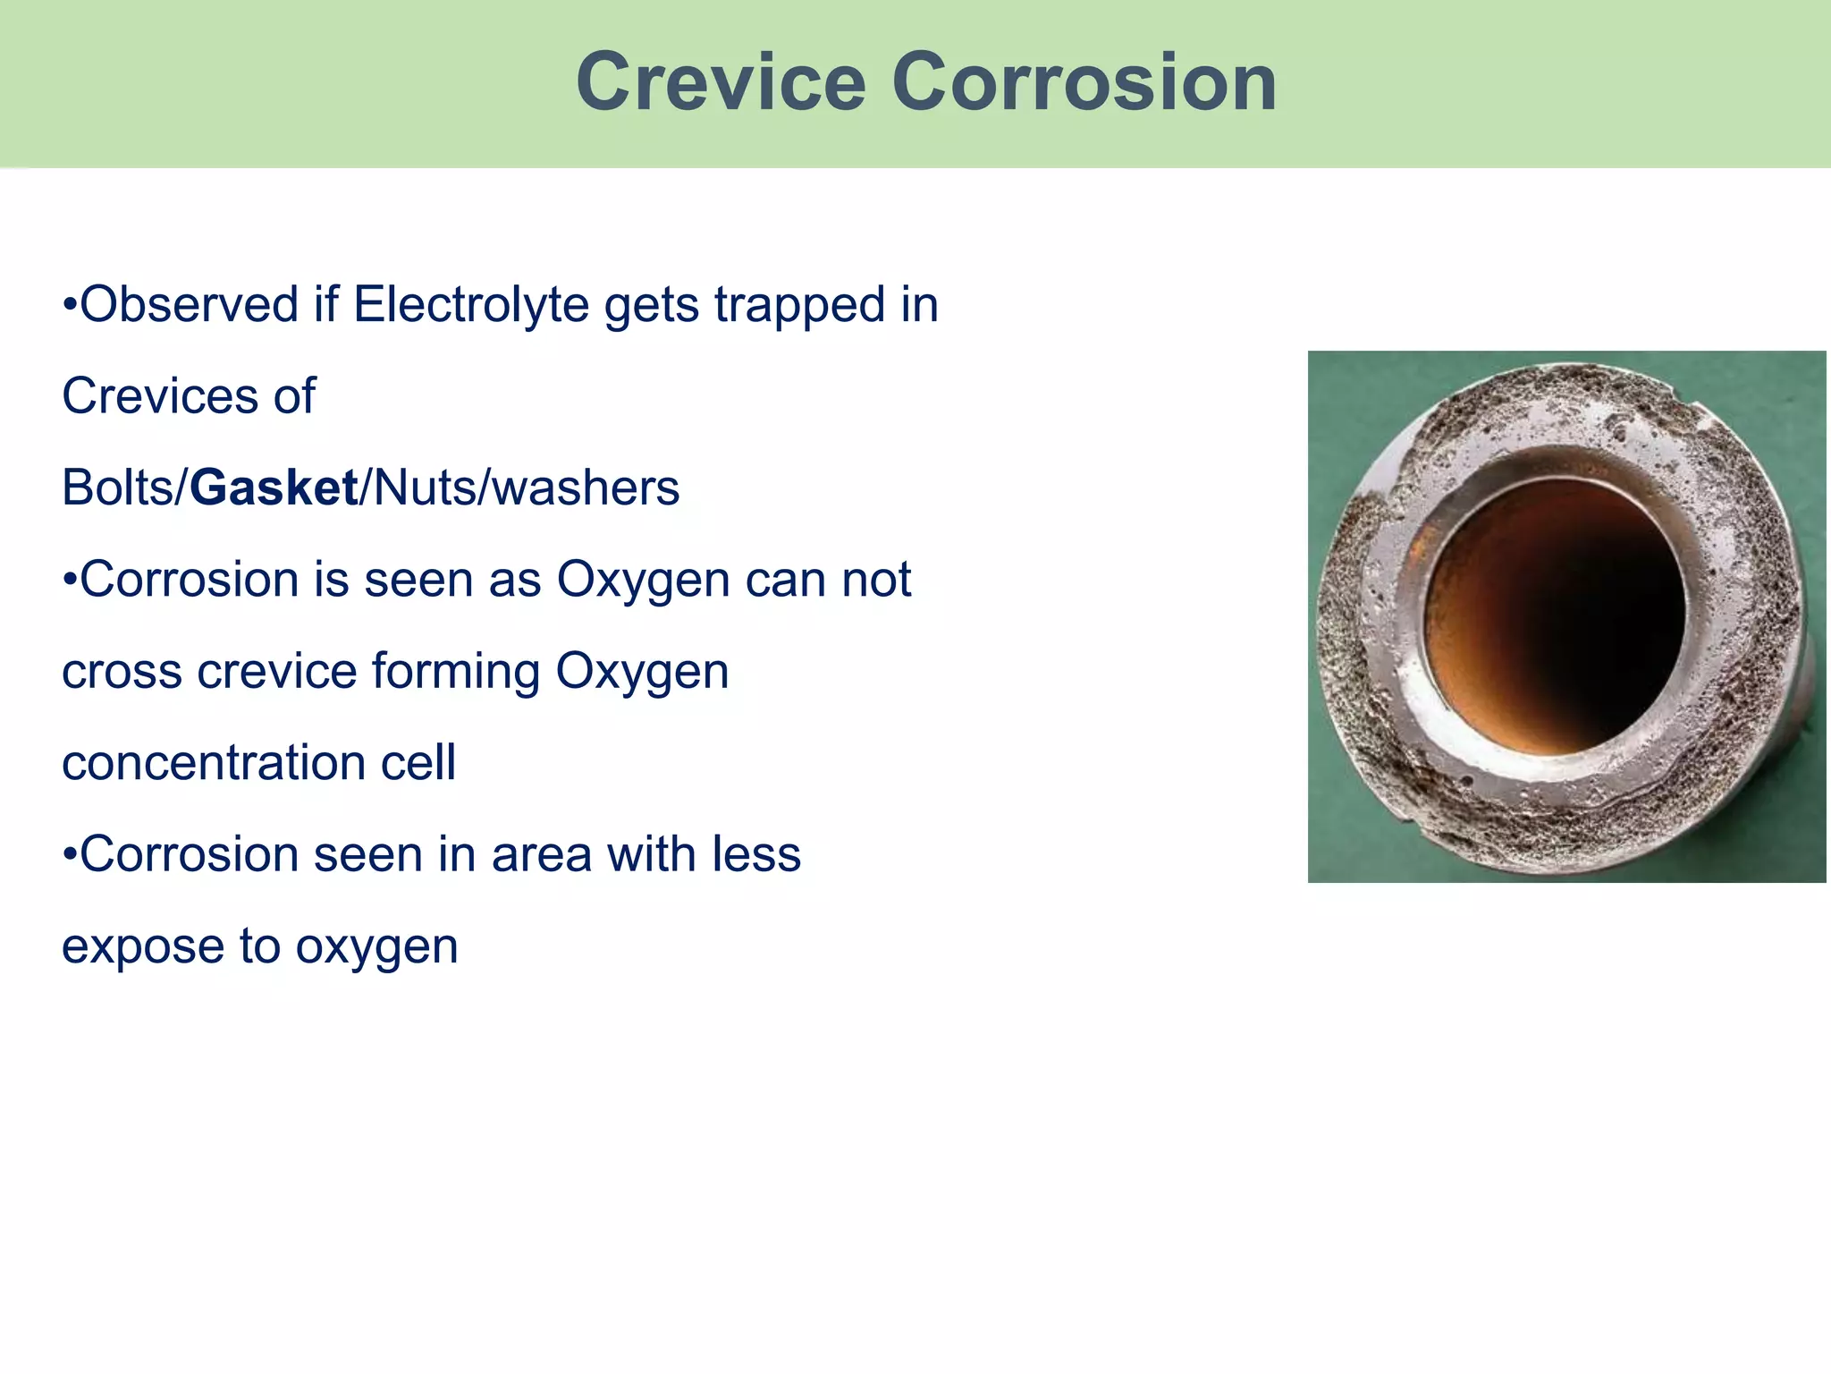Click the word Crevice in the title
pyautogui.click(x=721, y=82)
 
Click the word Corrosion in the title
pyautogui.click(x=1084, y=82)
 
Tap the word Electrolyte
pyautogui.click(x=473, y=304)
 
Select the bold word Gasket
pyautogui.click(x=274, y=488)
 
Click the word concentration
pyautogui.click(x=214, y=763)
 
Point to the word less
pyautogui.click(x=755, y=854)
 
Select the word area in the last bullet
pyautogui.click(x=541, y=854)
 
